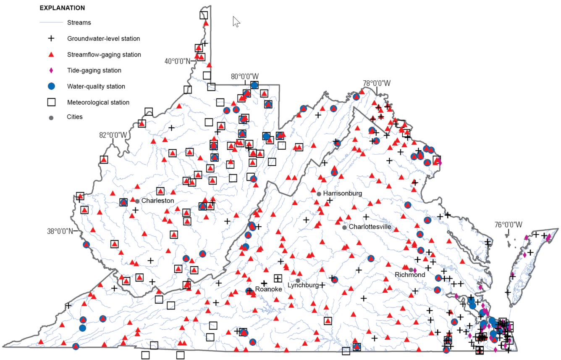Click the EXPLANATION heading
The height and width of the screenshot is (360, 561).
click(62, 8)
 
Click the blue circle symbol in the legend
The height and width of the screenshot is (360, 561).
click(51, 86)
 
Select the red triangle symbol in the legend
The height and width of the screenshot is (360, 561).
click(51, 55)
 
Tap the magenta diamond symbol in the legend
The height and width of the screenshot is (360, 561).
click(51, 71)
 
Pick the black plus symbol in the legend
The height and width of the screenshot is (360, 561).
click(51, 39)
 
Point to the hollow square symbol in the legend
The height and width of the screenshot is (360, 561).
click(51, 102)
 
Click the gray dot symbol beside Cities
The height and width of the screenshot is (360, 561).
click(51, 117)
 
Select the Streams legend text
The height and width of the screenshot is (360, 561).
click(79, 23)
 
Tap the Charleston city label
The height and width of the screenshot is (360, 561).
click(157, 201)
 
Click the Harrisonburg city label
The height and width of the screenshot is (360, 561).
click(342, 193)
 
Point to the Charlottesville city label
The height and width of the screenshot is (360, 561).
click(372, 227)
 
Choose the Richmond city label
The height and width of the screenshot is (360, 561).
click(410, 275)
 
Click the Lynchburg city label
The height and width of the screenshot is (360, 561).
click(303, 285)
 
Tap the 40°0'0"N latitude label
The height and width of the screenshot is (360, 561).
click(178, 61)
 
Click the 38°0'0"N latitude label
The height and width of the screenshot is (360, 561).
click(60, 231)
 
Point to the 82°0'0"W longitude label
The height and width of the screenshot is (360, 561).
click(113, 135)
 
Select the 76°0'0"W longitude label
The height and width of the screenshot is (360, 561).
click(508, 225)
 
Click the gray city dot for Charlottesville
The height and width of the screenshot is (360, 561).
click(345, 227)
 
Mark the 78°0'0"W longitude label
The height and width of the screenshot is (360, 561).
click(377, 83)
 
